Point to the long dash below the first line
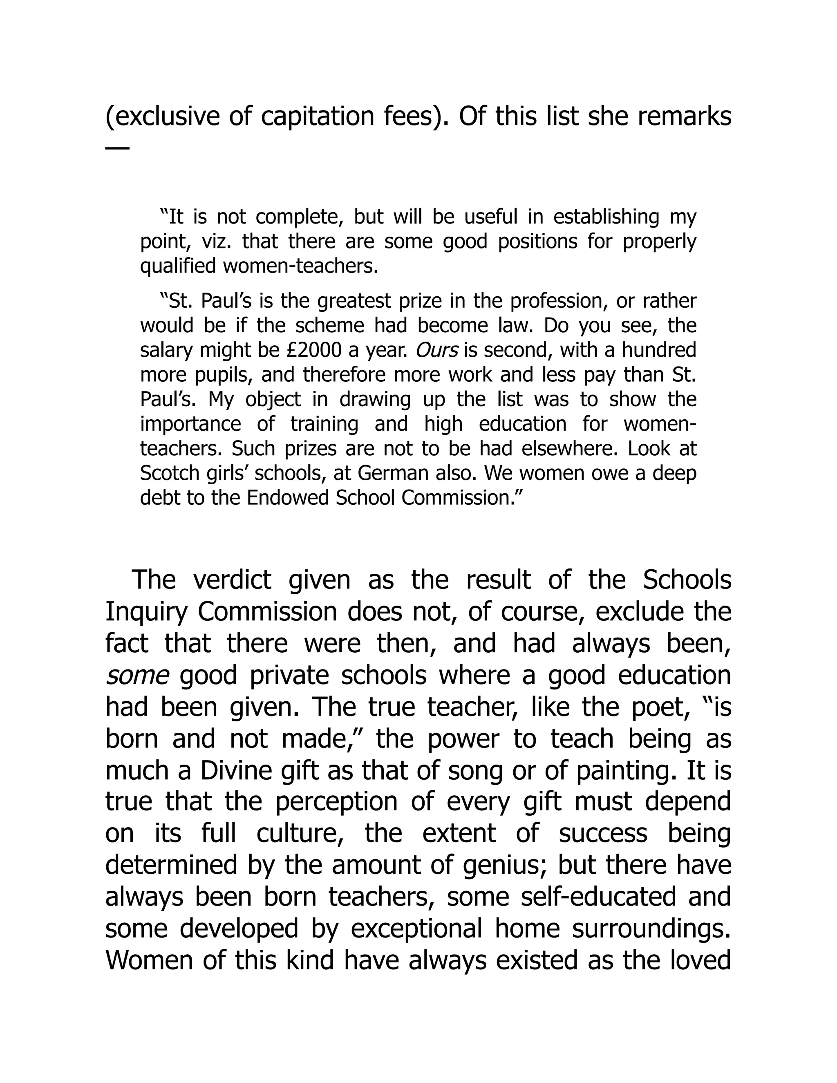(x=118, y=148)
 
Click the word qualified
(x=178, y=267)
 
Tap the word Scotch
(x=168, y=474)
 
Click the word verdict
(x=232, y=580)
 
